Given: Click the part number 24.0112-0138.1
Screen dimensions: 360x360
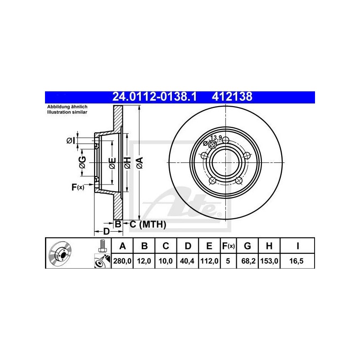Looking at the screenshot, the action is [154, 97].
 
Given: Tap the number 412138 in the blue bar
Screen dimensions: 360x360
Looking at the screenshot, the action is [232, 97].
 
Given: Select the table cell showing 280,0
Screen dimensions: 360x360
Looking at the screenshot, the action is [122, 261].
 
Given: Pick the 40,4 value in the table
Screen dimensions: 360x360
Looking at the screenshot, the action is [187, 261].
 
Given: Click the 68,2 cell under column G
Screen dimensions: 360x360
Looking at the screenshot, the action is [248, 261].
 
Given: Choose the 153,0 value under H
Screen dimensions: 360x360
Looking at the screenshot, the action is [269, 261].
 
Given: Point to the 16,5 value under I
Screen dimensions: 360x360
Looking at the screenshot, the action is [297, 261].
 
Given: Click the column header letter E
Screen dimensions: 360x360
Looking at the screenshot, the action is [209, 246].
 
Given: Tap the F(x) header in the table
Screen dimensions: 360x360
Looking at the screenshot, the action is [228, 246].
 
